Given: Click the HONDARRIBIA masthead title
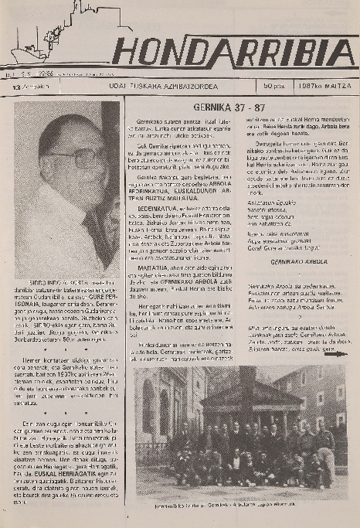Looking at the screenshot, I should [x=233, y=52].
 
